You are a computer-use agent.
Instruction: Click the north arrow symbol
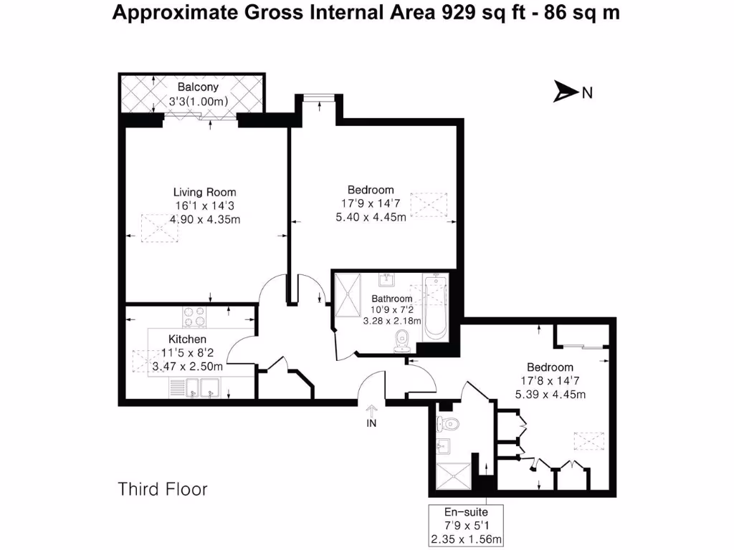(566, 92)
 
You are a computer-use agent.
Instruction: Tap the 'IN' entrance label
(371, 423)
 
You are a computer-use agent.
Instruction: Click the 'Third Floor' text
(163, 489)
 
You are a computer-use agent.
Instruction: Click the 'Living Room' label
(204, 192)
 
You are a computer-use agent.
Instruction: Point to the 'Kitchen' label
(187, 339)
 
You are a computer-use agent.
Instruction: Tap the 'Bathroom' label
(391, 299)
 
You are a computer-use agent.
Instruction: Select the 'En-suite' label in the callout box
(466, 513)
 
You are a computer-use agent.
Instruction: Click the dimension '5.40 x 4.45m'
(371, 216)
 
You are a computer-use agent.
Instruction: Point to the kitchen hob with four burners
(194, 317)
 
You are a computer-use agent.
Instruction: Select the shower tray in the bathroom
(351, 294)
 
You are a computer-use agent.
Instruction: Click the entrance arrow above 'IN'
(371, 410)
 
